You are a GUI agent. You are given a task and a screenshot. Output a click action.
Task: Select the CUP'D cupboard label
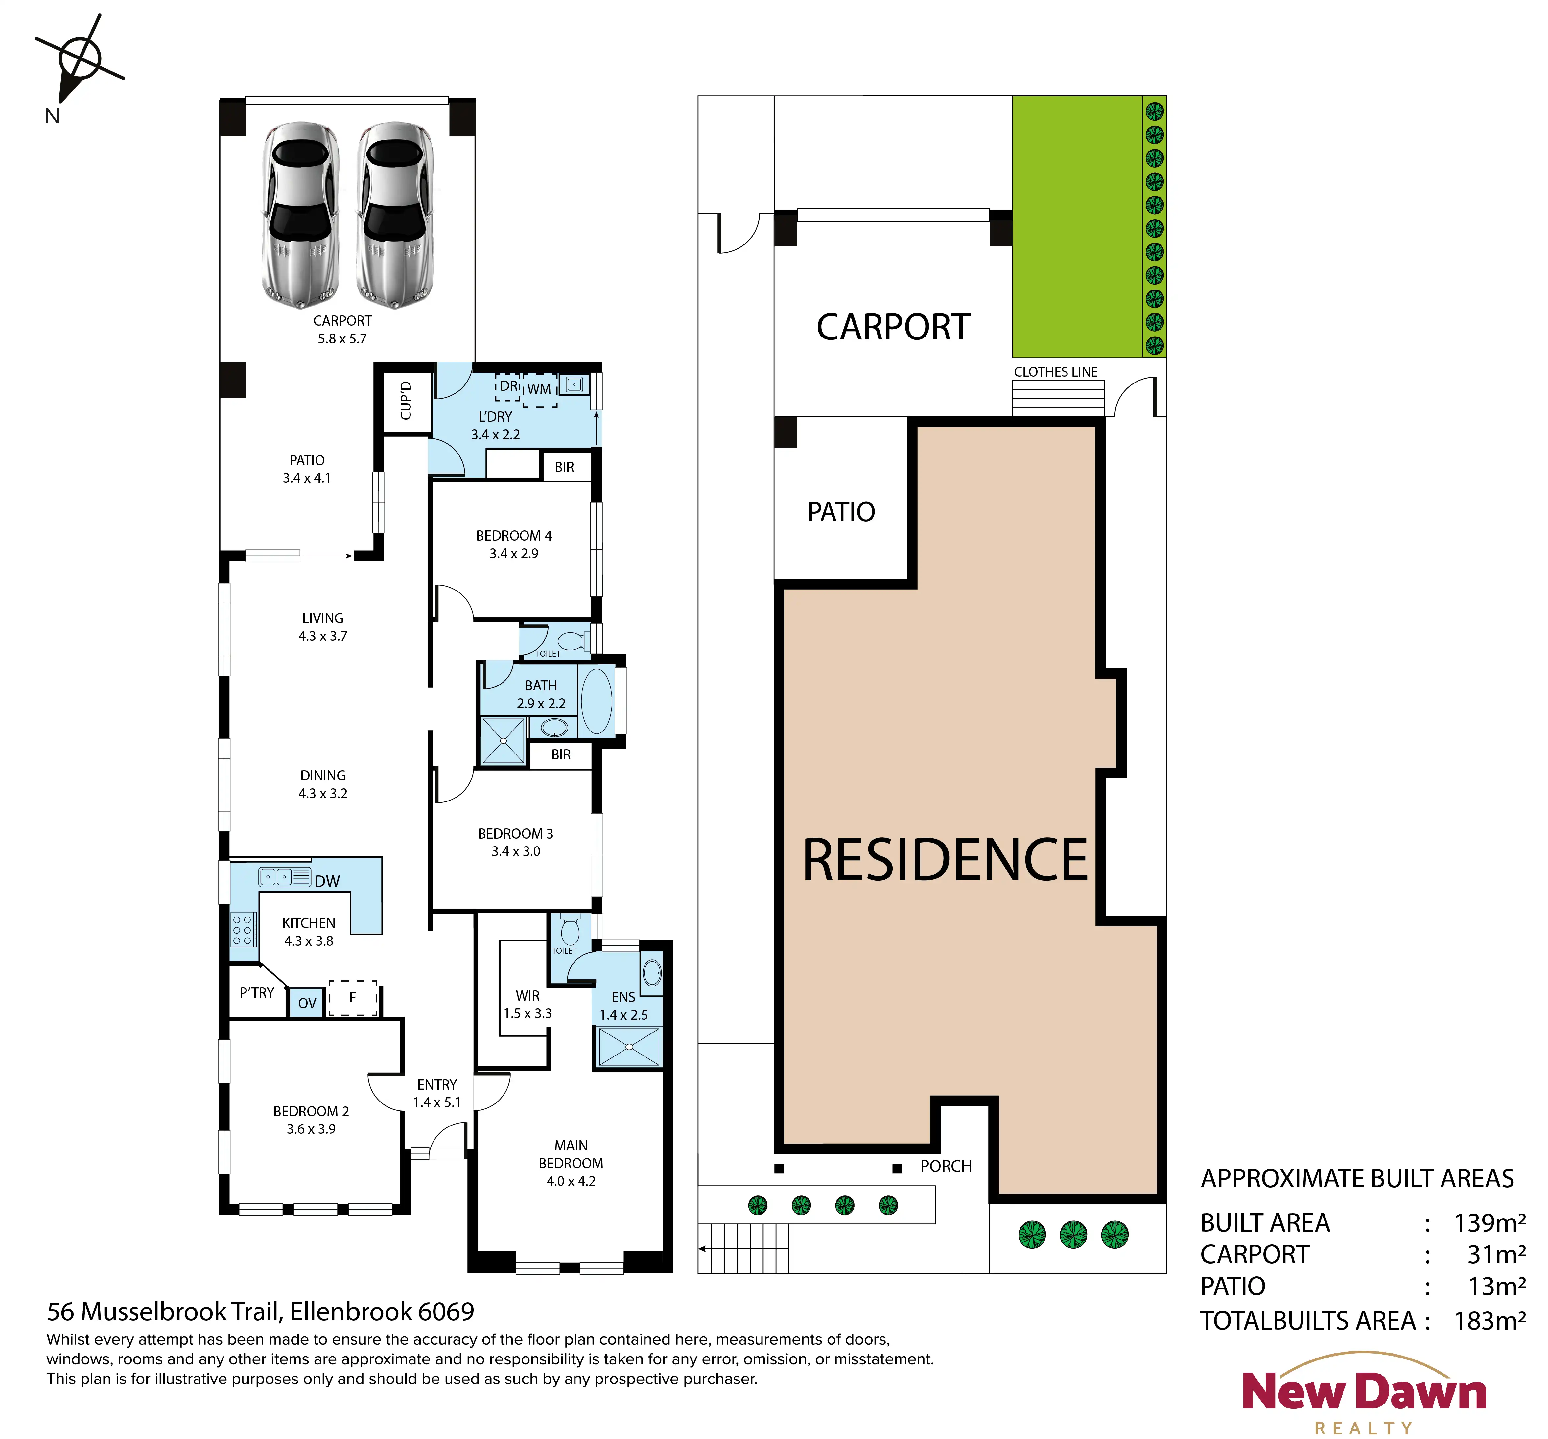(x=406, y=401)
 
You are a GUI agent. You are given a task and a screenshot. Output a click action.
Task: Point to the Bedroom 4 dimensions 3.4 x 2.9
(x=514, y=554)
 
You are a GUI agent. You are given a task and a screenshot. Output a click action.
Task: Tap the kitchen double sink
(x=276, y=877)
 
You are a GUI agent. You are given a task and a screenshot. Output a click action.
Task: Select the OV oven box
(x=307, y=1002)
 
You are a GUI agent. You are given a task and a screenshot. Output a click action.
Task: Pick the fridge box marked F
(x=353, y=997)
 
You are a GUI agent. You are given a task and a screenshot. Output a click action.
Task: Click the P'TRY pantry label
(x=257, y=993)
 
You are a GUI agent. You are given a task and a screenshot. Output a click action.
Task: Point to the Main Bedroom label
(x=571, y=1155)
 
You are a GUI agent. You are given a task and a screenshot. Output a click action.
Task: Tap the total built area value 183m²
(x=1489, y=1321)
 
